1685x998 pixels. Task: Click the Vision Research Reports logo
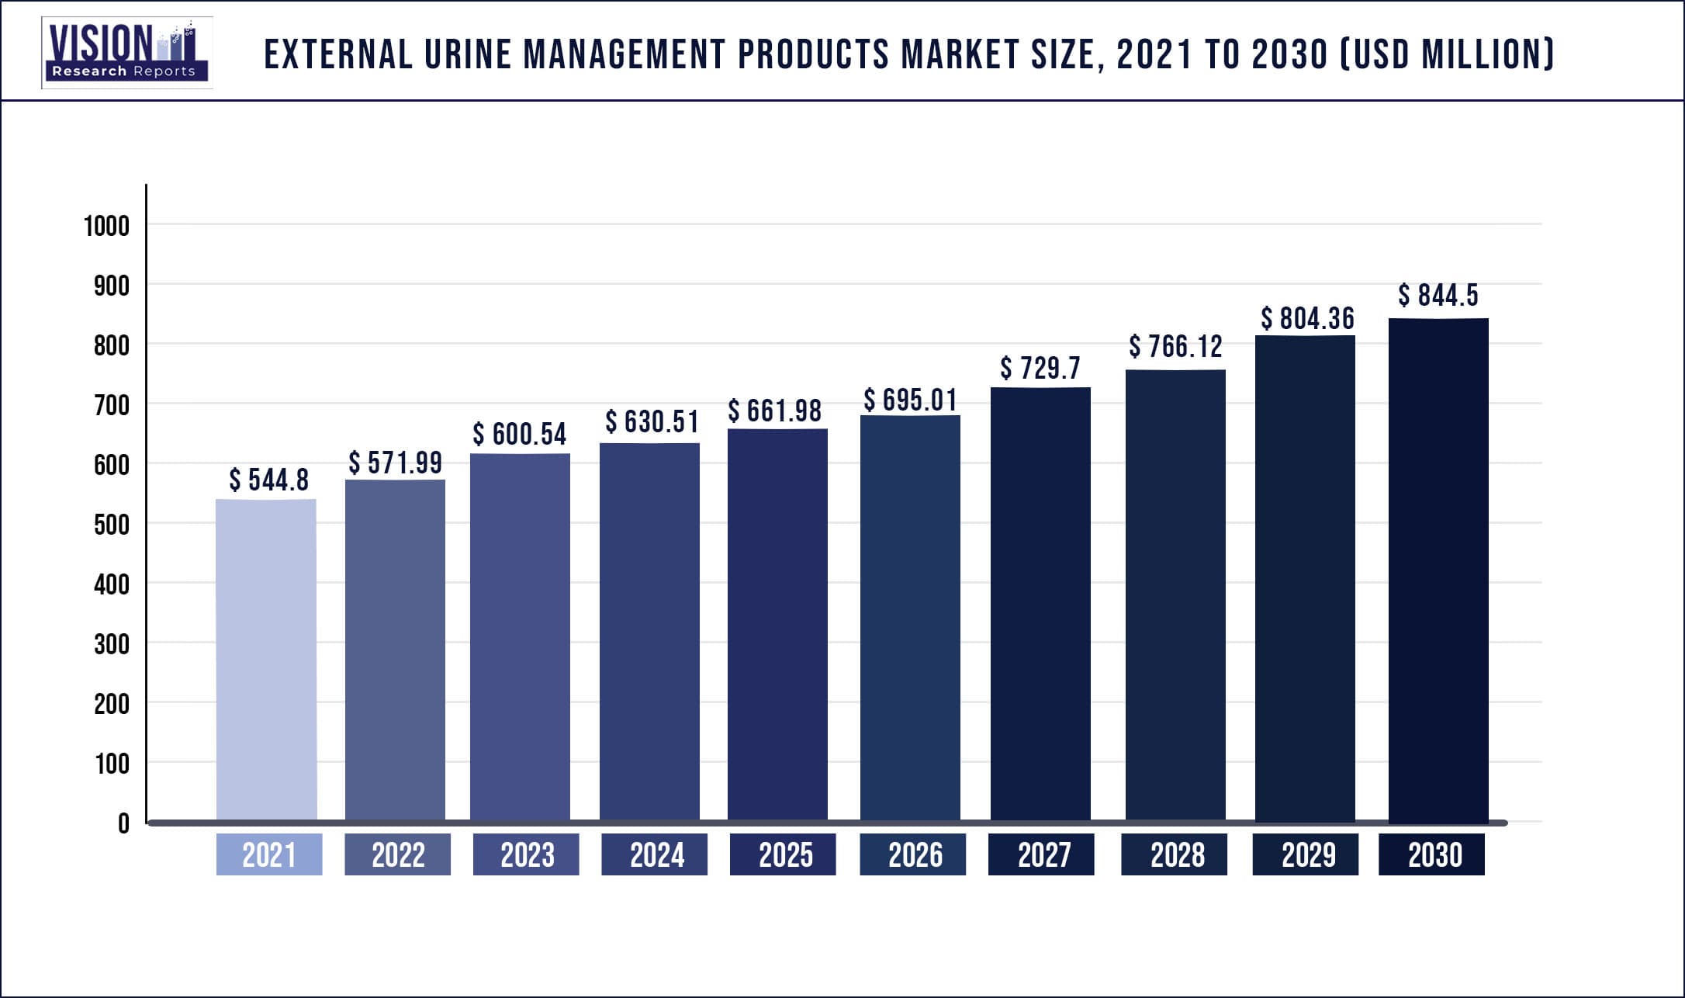(x=126, y=53)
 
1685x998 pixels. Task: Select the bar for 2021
(x=266, y=660)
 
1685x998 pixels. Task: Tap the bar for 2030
(x=1438, y=570)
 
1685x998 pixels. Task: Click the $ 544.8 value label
(x=268, y=480)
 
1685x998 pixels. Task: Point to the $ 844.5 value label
(x=1438, y=296)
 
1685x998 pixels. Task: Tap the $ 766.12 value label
(x=1175, y=347)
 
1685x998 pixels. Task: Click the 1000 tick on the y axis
(x=106, y=227)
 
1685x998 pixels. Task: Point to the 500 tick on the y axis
(x=111, y=525)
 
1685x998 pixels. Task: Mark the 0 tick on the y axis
(x=123, y=823)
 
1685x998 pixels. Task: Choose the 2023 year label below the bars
(x=527, y=855)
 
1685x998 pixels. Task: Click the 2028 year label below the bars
(x=1177, y=855)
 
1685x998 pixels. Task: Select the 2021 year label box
(x=269, y=855)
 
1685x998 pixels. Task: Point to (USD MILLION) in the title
(x=1448, y=55)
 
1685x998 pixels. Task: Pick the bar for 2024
(x=649, y=632)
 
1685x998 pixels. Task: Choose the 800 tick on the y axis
(x=111, y=345)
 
